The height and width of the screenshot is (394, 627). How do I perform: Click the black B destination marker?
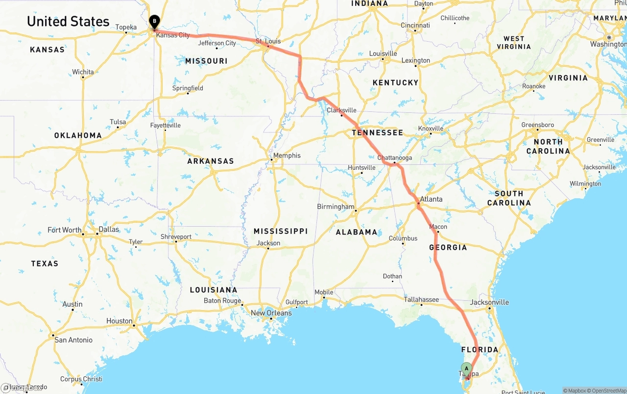tap(155, 21)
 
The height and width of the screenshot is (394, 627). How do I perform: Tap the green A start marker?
tap(466, 368)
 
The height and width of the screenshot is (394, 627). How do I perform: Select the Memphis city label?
tap(287, 156)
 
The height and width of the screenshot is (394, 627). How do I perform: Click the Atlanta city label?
tap(431, 199)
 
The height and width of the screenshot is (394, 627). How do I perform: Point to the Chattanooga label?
tap(394, 158)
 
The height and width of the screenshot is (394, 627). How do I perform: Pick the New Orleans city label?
tap(271, 313)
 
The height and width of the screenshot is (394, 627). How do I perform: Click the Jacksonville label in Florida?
tap(489, 302)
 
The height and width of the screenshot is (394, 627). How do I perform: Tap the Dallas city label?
tap(109, 229)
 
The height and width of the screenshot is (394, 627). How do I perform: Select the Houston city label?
tap(120, 321)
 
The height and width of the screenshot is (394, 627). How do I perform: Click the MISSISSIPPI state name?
tap(281, 231)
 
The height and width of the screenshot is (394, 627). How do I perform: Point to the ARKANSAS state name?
tap(211, 161)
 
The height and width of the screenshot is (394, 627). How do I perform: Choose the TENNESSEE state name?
tap(377, 132)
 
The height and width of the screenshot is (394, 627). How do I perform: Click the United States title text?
tap(68, 22)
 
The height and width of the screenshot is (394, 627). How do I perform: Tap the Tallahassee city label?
tap(421, 299)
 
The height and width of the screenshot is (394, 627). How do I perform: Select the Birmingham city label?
tap(336, 207)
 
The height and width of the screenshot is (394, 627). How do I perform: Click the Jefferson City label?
tap(217, 43)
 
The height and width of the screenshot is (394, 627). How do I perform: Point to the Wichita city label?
tap(83, 72)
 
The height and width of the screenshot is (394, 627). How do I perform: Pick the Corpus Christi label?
tap(81, 379)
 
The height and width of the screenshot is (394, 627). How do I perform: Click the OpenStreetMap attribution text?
tap(607, 391)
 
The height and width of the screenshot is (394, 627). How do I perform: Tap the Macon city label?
tap(438, 227)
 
